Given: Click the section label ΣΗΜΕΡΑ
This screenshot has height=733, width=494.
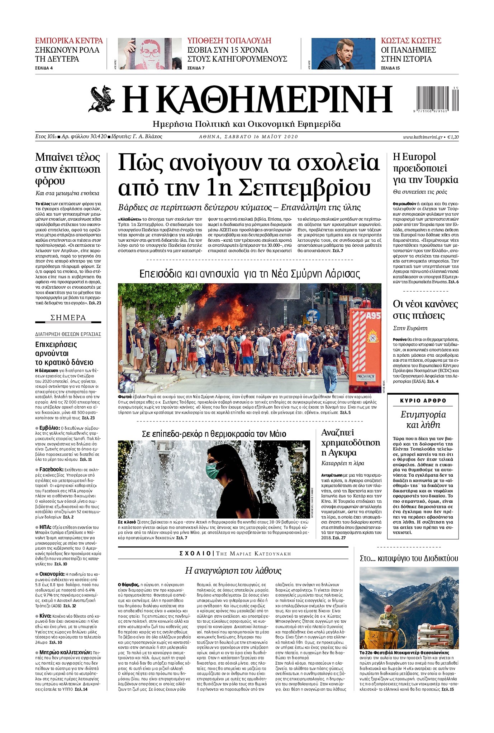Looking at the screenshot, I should click(68, 318).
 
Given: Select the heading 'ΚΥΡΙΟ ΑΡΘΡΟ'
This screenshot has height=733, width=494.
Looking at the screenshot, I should click(423, 401).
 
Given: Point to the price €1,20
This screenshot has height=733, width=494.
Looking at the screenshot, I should click(453, 137).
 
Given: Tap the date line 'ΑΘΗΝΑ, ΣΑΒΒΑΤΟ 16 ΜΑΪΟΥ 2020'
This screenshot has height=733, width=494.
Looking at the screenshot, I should click(248, 137).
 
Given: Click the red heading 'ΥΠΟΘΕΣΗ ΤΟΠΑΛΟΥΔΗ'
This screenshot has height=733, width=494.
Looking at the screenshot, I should click(229, 40).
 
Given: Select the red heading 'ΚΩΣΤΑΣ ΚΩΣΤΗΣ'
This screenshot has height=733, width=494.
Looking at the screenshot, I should click(411, 40).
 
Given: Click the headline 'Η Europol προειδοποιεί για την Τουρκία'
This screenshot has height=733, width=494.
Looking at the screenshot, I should click(425, 168).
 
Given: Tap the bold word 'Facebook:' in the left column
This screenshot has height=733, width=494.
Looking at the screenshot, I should click(51, 469).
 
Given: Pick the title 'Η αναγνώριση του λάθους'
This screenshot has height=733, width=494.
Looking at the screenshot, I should click(233, 571).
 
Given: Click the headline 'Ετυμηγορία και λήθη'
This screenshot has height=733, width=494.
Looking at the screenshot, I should click(423, 420).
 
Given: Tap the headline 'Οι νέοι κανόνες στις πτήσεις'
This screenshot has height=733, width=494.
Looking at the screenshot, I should click(425, 310).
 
